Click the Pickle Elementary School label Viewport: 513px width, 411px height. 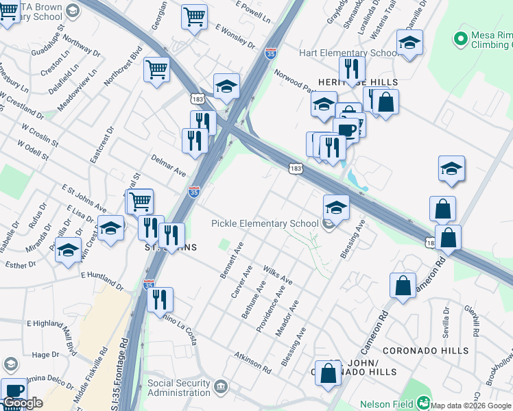265,223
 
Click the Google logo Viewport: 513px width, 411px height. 23,403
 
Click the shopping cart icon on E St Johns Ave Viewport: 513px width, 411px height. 140,201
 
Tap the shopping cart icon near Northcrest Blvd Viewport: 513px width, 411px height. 156,68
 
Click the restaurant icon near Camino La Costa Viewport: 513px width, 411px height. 160,299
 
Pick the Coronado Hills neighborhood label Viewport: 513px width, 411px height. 425,351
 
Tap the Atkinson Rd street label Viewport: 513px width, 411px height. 252,363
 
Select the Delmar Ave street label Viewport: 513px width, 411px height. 169,164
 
